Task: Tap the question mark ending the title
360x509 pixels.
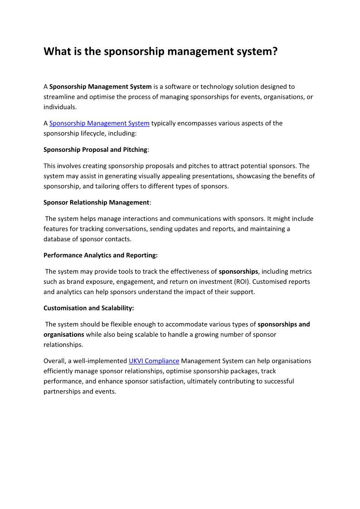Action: click(x=274, y=52)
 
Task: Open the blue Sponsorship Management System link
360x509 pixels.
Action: click(x=99, y=123)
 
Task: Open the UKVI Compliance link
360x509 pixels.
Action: click(x=154, y=361)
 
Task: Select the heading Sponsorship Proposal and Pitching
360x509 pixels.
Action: click(x=95, y=150)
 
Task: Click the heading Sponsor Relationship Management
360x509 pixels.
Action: click(x=96, y=203)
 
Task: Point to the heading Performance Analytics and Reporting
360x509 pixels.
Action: click(x=100, y=255)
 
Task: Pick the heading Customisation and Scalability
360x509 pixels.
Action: click(x=88, y=308)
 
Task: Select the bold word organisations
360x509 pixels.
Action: click(x=63, y=334)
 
